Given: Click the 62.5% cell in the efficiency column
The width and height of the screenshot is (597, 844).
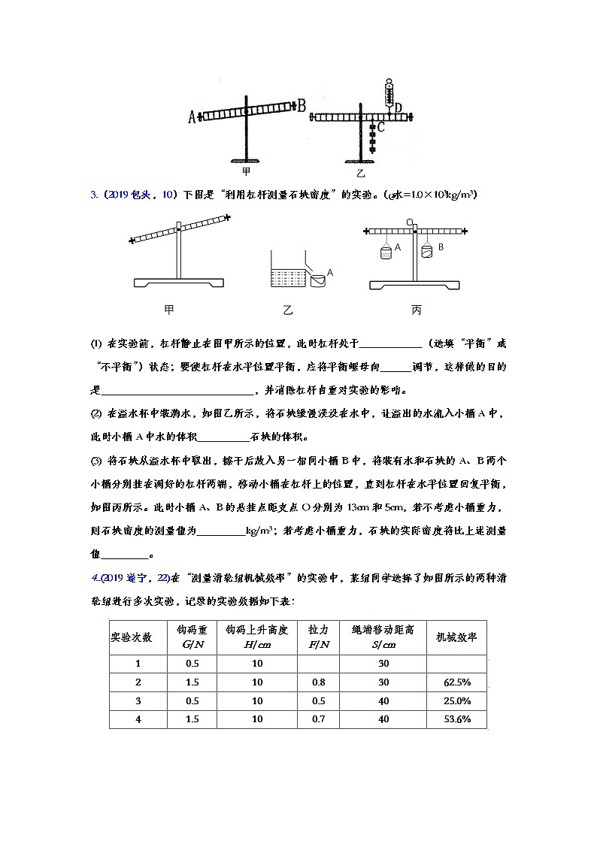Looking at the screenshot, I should (x=456, y=682).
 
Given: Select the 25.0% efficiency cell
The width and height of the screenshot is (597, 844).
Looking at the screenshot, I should (x=456, y=700).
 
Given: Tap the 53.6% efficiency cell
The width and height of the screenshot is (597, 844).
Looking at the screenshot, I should (x=456, y=719).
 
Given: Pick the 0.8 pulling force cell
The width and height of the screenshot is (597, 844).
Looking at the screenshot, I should (x=318, y=682).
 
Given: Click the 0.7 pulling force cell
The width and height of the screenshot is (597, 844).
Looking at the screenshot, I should (x=318, y=719).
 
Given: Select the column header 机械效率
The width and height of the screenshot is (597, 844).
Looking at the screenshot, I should (x=456, y=637).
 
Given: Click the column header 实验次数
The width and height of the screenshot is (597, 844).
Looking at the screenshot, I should (x=137, y=637).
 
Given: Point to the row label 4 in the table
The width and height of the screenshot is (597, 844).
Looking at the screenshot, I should (x=137, y=719).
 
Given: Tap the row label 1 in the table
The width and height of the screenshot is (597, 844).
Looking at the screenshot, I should (x=137, y=663).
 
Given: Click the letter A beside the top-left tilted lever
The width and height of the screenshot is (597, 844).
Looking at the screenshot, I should (x=192, y=116).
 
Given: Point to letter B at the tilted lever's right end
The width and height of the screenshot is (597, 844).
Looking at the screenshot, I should (x=301, y=106).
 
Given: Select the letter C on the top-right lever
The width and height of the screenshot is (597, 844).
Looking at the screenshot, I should (x=381, y=128).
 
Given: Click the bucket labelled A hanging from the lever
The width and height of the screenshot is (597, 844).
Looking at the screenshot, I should (x=386, y=253).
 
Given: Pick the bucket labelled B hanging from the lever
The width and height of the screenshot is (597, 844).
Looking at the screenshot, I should (x=427, y=251).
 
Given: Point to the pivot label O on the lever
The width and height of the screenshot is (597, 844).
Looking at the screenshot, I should (x=410, y=222).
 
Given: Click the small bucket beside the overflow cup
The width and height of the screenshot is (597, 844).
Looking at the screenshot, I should (x=317, y=280).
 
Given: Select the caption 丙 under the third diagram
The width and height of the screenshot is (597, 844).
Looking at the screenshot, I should (x=416, y=310).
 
